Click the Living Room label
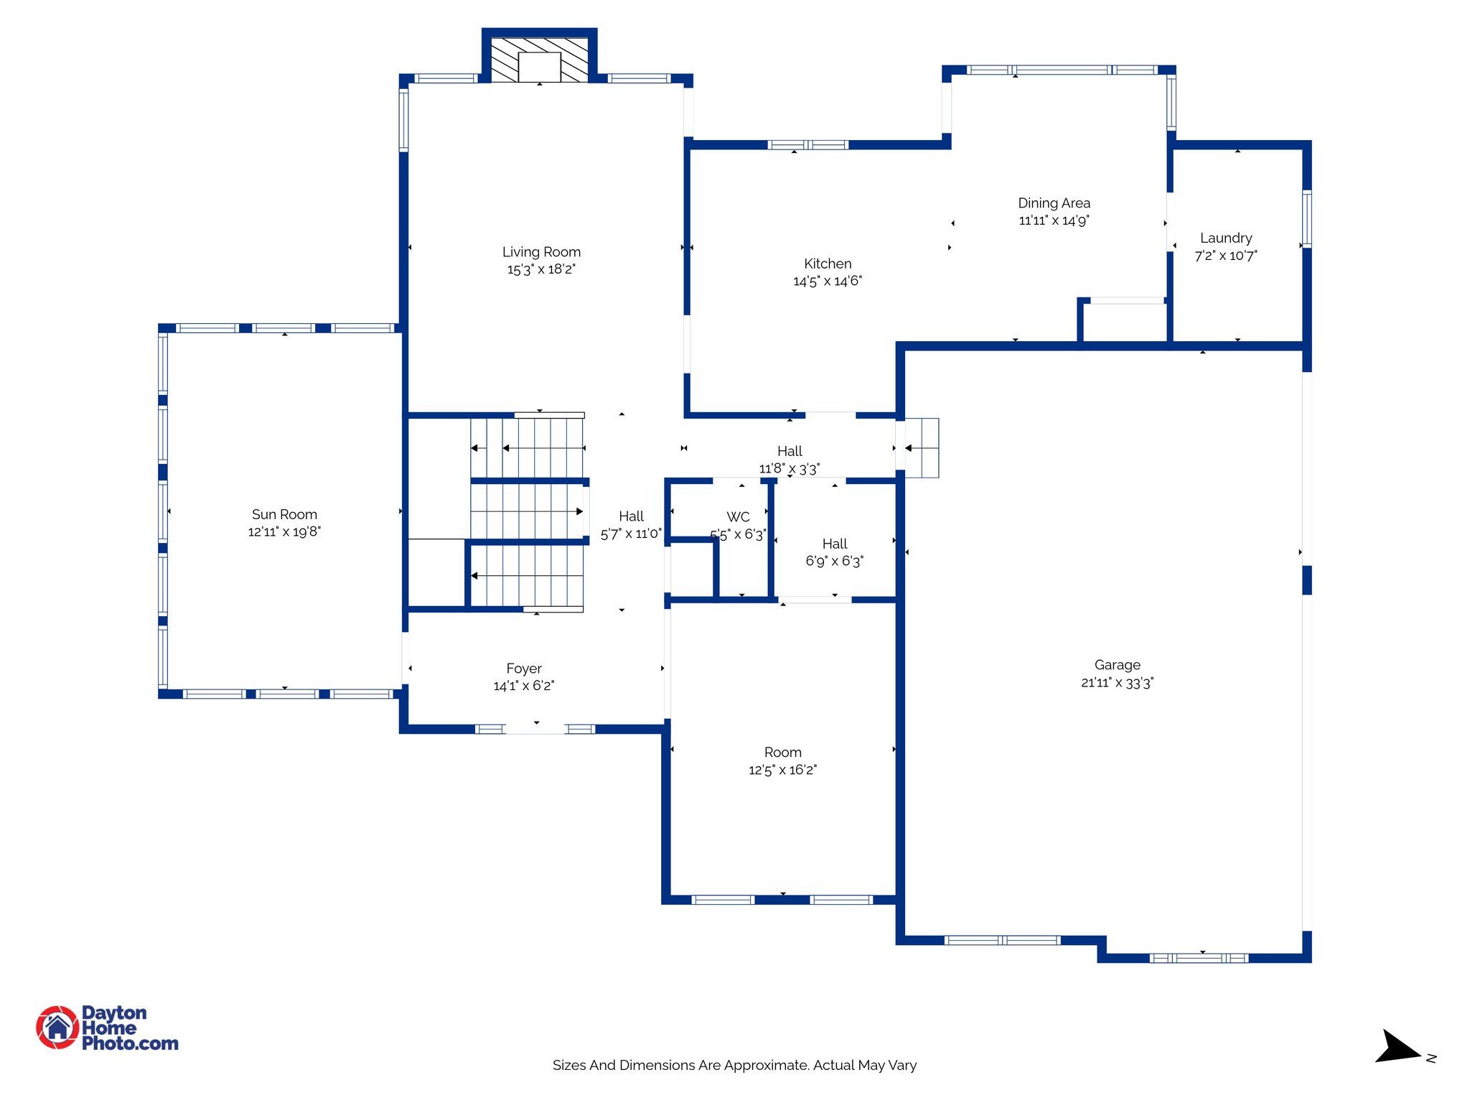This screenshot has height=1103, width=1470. (541, 252)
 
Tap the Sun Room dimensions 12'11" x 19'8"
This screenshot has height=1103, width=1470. (284, 532)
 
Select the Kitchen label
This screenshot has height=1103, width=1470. (828, 264)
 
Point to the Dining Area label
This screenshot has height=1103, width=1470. (1054, 203)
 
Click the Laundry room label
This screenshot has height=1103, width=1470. (1225, 238)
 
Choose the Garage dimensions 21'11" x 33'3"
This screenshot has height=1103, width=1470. (1117, 683)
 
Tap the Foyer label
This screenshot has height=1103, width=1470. (523, 669)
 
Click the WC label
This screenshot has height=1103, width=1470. (738, 517)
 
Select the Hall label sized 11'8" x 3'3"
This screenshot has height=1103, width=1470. (790, 451)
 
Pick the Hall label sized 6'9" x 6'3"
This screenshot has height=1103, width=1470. (834, 544)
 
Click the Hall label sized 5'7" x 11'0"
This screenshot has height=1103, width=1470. (631, 516)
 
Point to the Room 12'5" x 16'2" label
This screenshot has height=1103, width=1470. (782, 753)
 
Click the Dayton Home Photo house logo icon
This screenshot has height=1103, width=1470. (57, 1027)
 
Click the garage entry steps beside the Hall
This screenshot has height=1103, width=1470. (922, 448)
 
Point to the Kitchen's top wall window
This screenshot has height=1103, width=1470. (807, 145)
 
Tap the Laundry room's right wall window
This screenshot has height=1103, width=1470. (1306, 218)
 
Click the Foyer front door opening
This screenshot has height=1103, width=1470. (535, 729)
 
